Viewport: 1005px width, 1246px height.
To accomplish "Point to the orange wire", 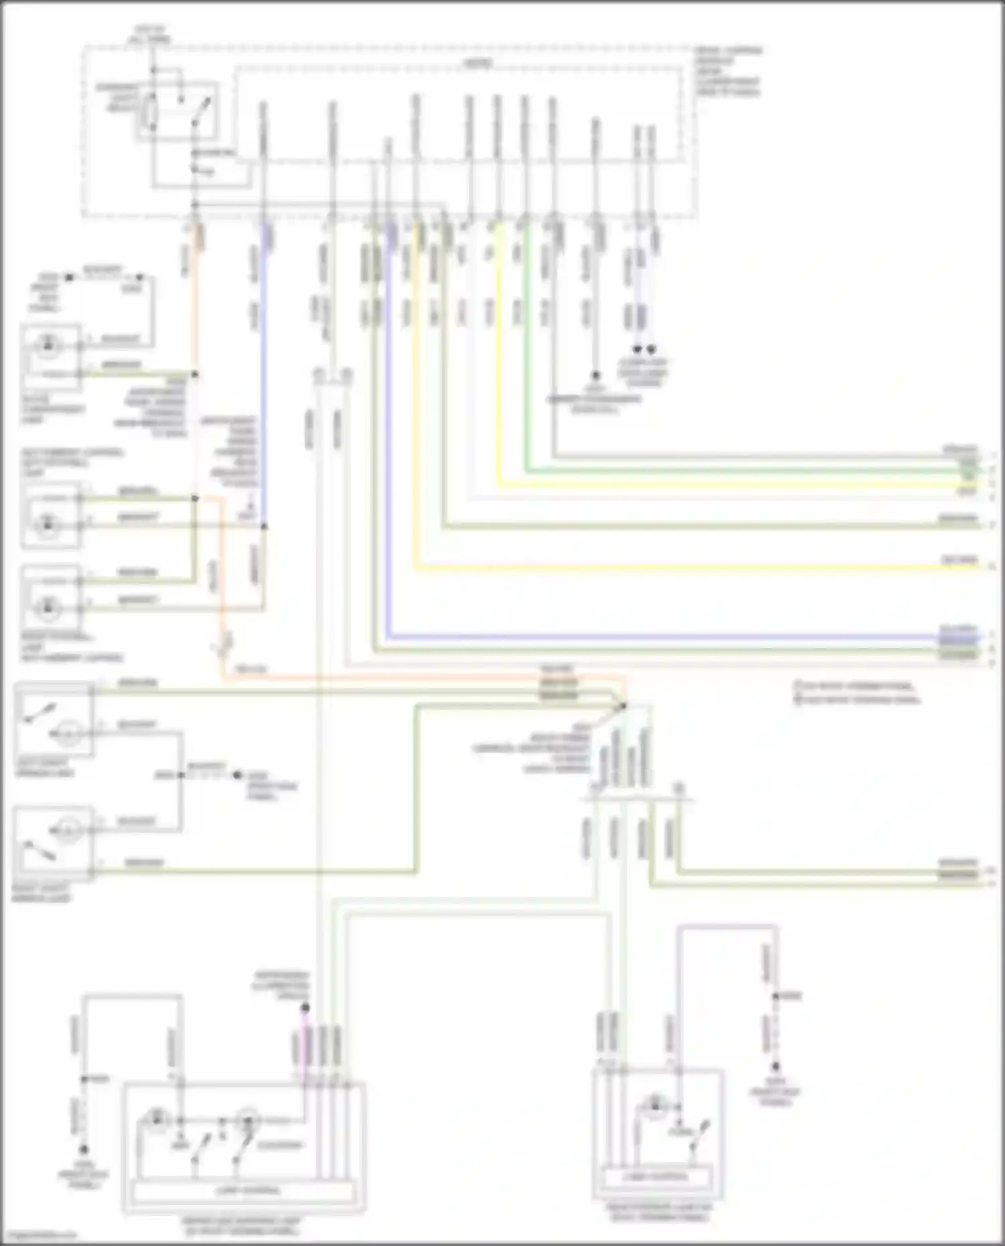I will [x=402, y=678].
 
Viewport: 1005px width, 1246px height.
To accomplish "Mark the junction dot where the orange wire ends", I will [x=624, y=705].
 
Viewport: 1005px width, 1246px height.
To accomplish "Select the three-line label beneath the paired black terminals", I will [x=643, y=372].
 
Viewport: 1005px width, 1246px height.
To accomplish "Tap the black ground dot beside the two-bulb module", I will [x=83, y=1150].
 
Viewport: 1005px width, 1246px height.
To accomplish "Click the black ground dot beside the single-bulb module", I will [x=775, y=1067].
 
